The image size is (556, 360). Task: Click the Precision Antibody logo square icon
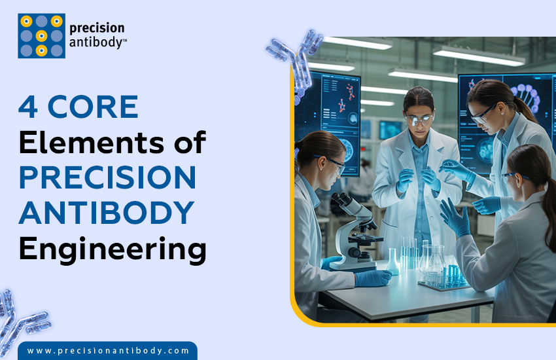click(41, 35)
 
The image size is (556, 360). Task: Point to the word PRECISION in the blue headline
click(107, 177)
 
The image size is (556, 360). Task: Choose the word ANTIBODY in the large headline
click(106, 213)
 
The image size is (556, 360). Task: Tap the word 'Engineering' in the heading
click(113, 249)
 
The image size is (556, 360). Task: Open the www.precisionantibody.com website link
click(108, 351)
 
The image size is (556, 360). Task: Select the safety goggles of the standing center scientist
click(419, 119)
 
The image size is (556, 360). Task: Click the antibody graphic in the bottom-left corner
click(20, 317)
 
